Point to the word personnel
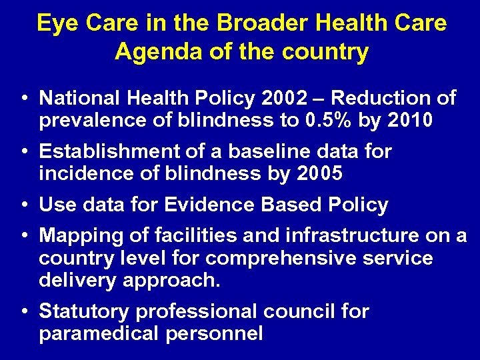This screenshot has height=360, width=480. (213, 333)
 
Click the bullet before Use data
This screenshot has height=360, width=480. (24, 205)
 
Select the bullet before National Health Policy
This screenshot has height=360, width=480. (24, 99)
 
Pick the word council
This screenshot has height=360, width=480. (301, 311)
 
